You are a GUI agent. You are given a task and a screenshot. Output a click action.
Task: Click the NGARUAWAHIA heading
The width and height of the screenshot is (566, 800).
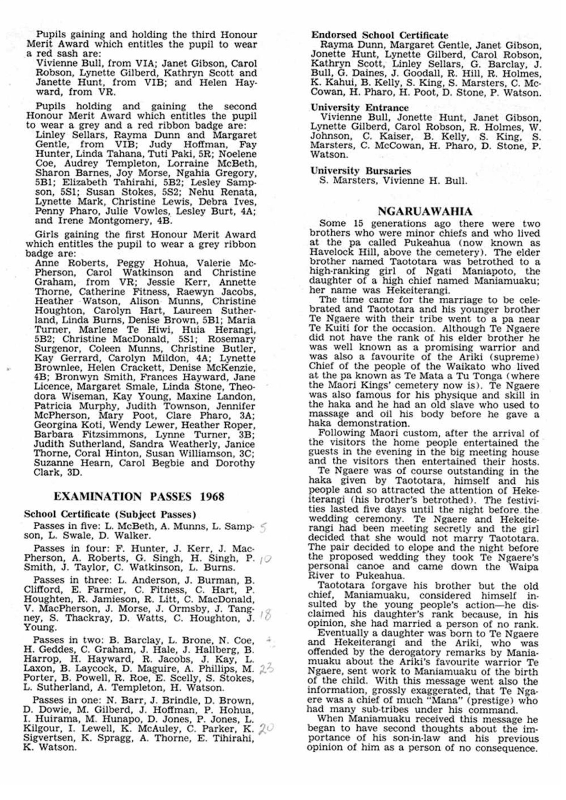425,211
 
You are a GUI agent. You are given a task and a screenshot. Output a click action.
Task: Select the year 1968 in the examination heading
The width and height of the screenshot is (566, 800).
212,496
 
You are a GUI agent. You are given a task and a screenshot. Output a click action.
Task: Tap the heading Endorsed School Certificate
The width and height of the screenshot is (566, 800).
380,35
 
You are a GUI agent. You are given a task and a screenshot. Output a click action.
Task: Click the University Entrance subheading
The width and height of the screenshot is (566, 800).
359,108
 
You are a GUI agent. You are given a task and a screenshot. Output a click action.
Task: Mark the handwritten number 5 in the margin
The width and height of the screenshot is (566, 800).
263,528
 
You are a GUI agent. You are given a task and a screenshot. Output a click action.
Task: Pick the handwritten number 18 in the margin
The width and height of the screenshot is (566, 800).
267,616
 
